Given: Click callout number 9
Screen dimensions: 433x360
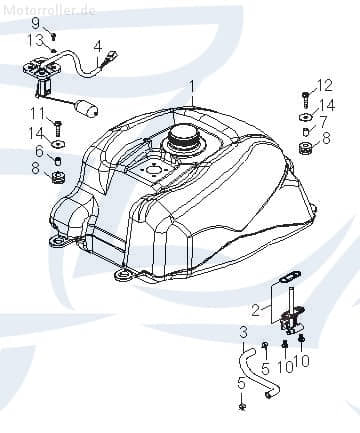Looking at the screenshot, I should click(x=35, y=22).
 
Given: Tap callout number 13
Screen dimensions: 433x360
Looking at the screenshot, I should click(x=36, y=39).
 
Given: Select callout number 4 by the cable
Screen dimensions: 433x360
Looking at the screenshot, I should click(x=98, y=45).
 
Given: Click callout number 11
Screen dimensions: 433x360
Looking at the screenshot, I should click(x=35, y=112).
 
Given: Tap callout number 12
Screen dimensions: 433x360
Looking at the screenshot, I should click(x=324, y=84).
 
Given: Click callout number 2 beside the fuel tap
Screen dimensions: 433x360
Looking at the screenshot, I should click(x=256, y=309).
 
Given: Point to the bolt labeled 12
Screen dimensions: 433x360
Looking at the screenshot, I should click(x=304, y=98).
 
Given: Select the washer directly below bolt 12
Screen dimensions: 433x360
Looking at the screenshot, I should click(x=304, y=117).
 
